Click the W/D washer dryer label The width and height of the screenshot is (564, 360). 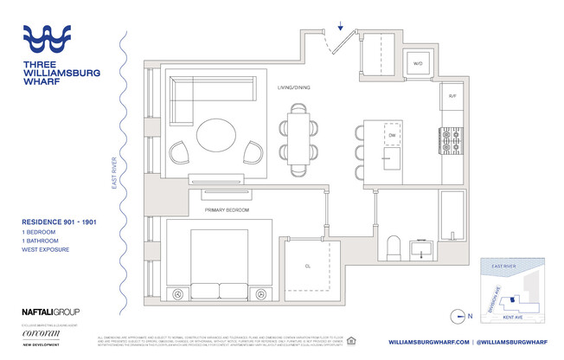[x=417, y=63]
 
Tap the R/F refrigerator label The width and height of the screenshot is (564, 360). [x=452, y=96]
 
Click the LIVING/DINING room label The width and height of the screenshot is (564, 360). [x=294, y=88]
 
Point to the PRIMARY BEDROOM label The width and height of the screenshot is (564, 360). [x=227, y=209]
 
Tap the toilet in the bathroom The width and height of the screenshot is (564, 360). [x=392, y=249]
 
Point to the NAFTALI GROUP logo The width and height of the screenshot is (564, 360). [x=50, y=311]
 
